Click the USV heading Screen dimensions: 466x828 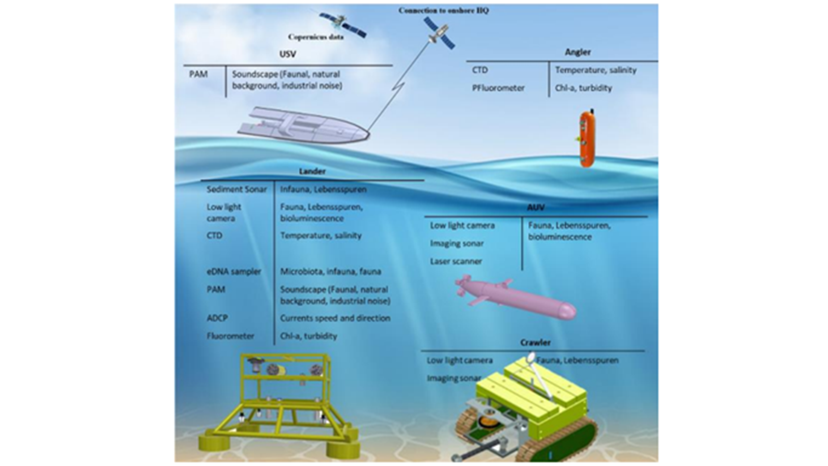click(288, 54)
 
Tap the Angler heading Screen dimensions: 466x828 click(577, 52)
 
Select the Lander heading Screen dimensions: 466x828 click(312, 171)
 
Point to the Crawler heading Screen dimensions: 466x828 click(535, 343)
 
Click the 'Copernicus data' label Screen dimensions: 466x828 click(316, 37)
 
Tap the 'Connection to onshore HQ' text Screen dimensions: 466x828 click(443, 10)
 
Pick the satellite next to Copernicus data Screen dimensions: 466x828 click(343, 24)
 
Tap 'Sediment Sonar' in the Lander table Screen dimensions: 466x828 click(237, 189)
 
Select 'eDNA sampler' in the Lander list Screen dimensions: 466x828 click(234, 272)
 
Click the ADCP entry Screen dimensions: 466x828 click(217, 318)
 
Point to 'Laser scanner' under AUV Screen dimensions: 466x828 click(456, 261)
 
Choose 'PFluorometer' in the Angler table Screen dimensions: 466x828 click(498, 88)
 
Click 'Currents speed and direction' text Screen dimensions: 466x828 click(335, 318)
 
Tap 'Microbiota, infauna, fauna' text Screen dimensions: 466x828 click(330, 272)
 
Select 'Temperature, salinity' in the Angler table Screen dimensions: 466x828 click(596, 70)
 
